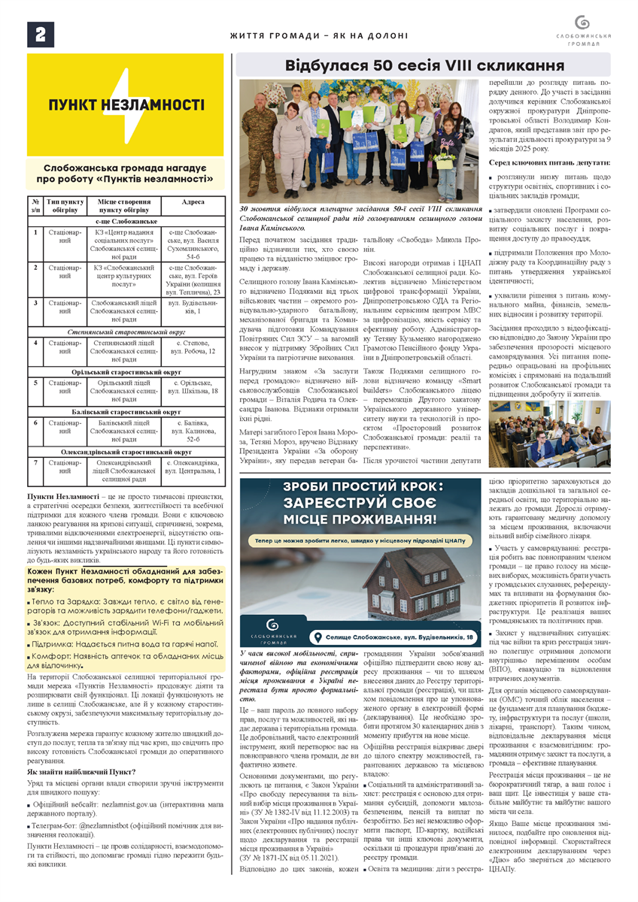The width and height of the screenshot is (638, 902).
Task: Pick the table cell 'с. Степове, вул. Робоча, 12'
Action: click(192, 347)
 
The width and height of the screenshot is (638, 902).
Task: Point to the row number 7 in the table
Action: click(35, 462)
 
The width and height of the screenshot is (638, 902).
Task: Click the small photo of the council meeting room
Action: click(550, 434)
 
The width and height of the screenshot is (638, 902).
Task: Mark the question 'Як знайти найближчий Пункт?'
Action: click(81, 772)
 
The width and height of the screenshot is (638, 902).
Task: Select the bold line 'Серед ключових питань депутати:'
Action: click(550, 162)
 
